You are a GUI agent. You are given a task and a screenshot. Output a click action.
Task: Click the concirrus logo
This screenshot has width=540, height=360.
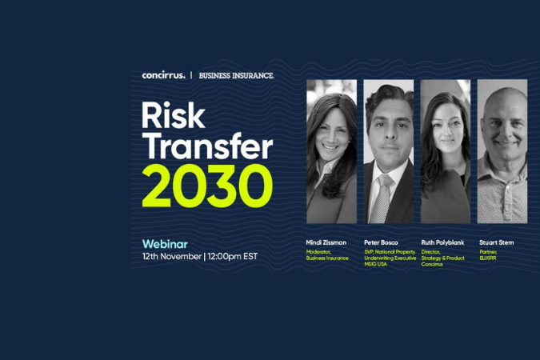pyautogui.click(x=163, y=75)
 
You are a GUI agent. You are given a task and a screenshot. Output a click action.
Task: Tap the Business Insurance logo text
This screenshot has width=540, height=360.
pyautogui.click(x=236, y=75)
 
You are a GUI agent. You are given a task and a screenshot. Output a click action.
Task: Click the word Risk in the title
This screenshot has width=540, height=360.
pyautogui.click(x=174, y=117)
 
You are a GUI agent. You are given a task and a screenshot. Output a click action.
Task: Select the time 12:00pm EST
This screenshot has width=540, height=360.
pyautogui.click(x=235, y=256)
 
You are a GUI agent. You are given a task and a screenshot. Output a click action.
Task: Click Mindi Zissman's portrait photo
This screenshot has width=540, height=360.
pyautogui.click(x=331, y=151)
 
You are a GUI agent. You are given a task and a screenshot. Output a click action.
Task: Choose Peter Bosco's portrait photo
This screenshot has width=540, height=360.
pyautogui.click(x=388, y=151)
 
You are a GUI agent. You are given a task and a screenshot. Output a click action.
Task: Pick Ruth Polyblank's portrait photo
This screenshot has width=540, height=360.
pyautogui.click(x=445, y=151)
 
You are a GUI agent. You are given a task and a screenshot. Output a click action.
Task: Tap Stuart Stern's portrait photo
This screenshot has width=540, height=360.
pyautogui.click(x=502, y=151)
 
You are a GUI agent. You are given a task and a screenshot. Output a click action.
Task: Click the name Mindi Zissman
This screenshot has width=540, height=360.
pyautogui.click(x=327, y=242)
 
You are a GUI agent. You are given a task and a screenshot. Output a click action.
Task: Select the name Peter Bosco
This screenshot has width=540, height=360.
pyautogui.click(x=381, y=242)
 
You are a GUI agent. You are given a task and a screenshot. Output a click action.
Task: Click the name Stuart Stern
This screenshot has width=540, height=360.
pyautogui.click(x=496, y=242)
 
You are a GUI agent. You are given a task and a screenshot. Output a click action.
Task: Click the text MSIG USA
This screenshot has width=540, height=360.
pyautogui.click(x=376, y=263)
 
